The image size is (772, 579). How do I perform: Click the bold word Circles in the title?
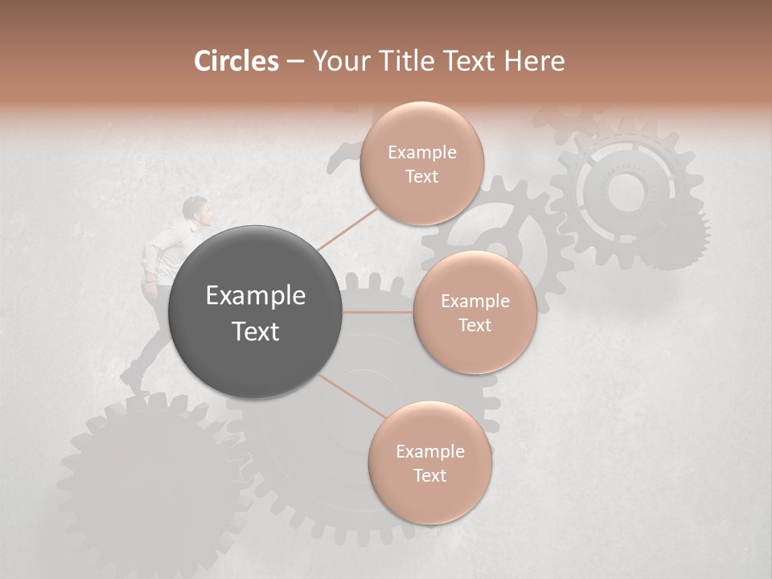236,61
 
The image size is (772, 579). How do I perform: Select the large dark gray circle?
256,312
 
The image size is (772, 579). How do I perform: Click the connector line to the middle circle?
378,312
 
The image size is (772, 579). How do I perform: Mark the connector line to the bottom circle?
351,396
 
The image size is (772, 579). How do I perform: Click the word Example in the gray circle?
256,296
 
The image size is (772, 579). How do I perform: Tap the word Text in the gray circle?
256,331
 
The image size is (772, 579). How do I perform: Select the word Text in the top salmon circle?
421,177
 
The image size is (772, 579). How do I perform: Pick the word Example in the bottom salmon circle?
429,452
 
